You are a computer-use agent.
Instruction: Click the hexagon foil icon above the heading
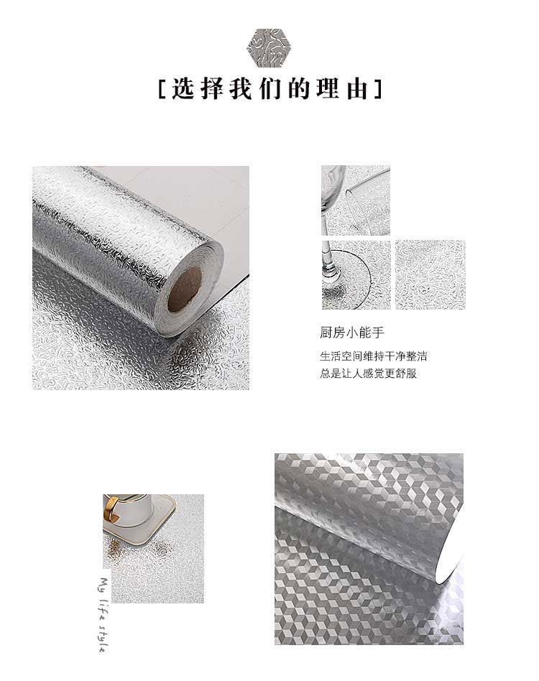coord(269,45)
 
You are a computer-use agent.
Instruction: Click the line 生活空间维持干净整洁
coord(378,356)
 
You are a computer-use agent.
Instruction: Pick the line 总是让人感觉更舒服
coord(368,374)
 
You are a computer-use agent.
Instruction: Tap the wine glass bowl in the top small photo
coord(333,190)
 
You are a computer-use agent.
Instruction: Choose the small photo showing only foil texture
coord(430,274)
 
